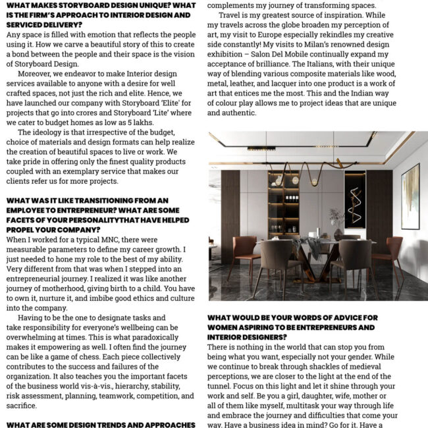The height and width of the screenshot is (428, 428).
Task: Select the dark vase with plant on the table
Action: point(338,232)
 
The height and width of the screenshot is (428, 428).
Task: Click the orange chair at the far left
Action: point(246,254)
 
